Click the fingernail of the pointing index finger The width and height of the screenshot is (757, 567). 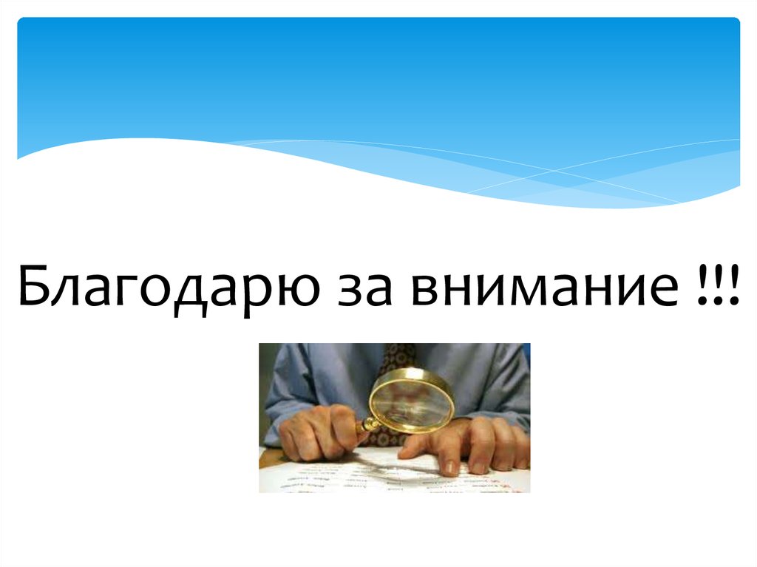(450, 467)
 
